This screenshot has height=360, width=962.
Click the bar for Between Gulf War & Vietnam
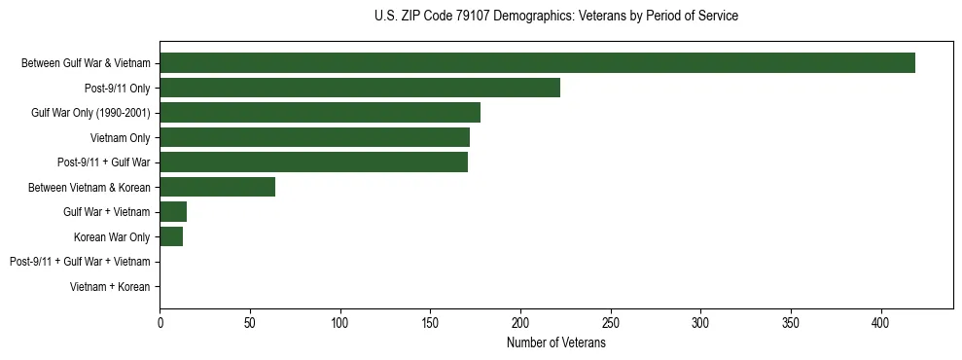(537, 63)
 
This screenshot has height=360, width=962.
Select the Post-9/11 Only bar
(360, 88)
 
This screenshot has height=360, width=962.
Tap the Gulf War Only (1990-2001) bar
(320, 113)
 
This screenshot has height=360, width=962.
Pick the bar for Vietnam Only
(314, 137)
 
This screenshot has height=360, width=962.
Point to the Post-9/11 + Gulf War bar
(313, 162)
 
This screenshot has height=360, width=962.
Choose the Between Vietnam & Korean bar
(217, 187)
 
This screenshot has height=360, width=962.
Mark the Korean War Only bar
(171, 236)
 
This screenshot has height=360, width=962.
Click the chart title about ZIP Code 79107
(556, 17)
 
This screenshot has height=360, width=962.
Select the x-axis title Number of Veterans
(556, 343)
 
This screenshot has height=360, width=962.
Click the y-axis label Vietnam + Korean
(110, 287)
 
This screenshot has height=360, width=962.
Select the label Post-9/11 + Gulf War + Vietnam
(80, 262)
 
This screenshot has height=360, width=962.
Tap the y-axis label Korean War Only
(112, 236)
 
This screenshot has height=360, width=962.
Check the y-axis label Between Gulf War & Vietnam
(86, 63)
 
